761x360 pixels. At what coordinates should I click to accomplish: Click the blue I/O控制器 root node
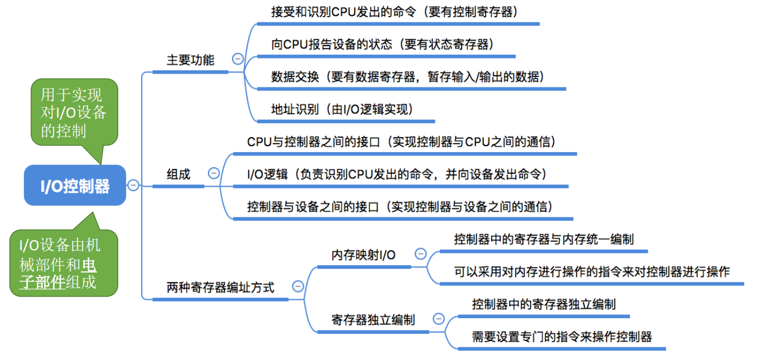75,186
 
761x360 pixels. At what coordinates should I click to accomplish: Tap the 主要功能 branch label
190,60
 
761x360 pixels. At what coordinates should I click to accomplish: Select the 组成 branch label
178,174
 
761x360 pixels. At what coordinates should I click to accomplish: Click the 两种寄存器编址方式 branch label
220,288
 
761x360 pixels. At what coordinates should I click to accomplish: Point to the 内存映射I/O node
363,255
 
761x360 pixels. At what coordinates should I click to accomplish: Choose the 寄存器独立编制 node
373,320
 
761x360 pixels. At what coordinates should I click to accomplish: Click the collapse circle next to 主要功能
238,59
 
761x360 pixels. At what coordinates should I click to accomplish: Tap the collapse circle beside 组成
214,173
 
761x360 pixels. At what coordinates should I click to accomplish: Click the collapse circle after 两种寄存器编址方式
298,286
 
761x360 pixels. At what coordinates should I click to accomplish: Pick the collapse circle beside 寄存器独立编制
439,319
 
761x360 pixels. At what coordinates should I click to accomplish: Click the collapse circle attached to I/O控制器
133,185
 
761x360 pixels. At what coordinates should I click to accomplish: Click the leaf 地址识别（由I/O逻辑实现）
342,109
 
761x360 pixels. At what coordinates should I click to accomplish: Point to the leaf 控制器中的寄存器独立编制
544,305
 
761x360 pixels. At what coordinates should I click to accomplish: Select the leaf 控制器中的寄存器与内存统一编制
544,240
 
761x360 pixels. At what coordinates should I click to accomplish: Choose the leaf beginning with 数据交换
408,77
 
